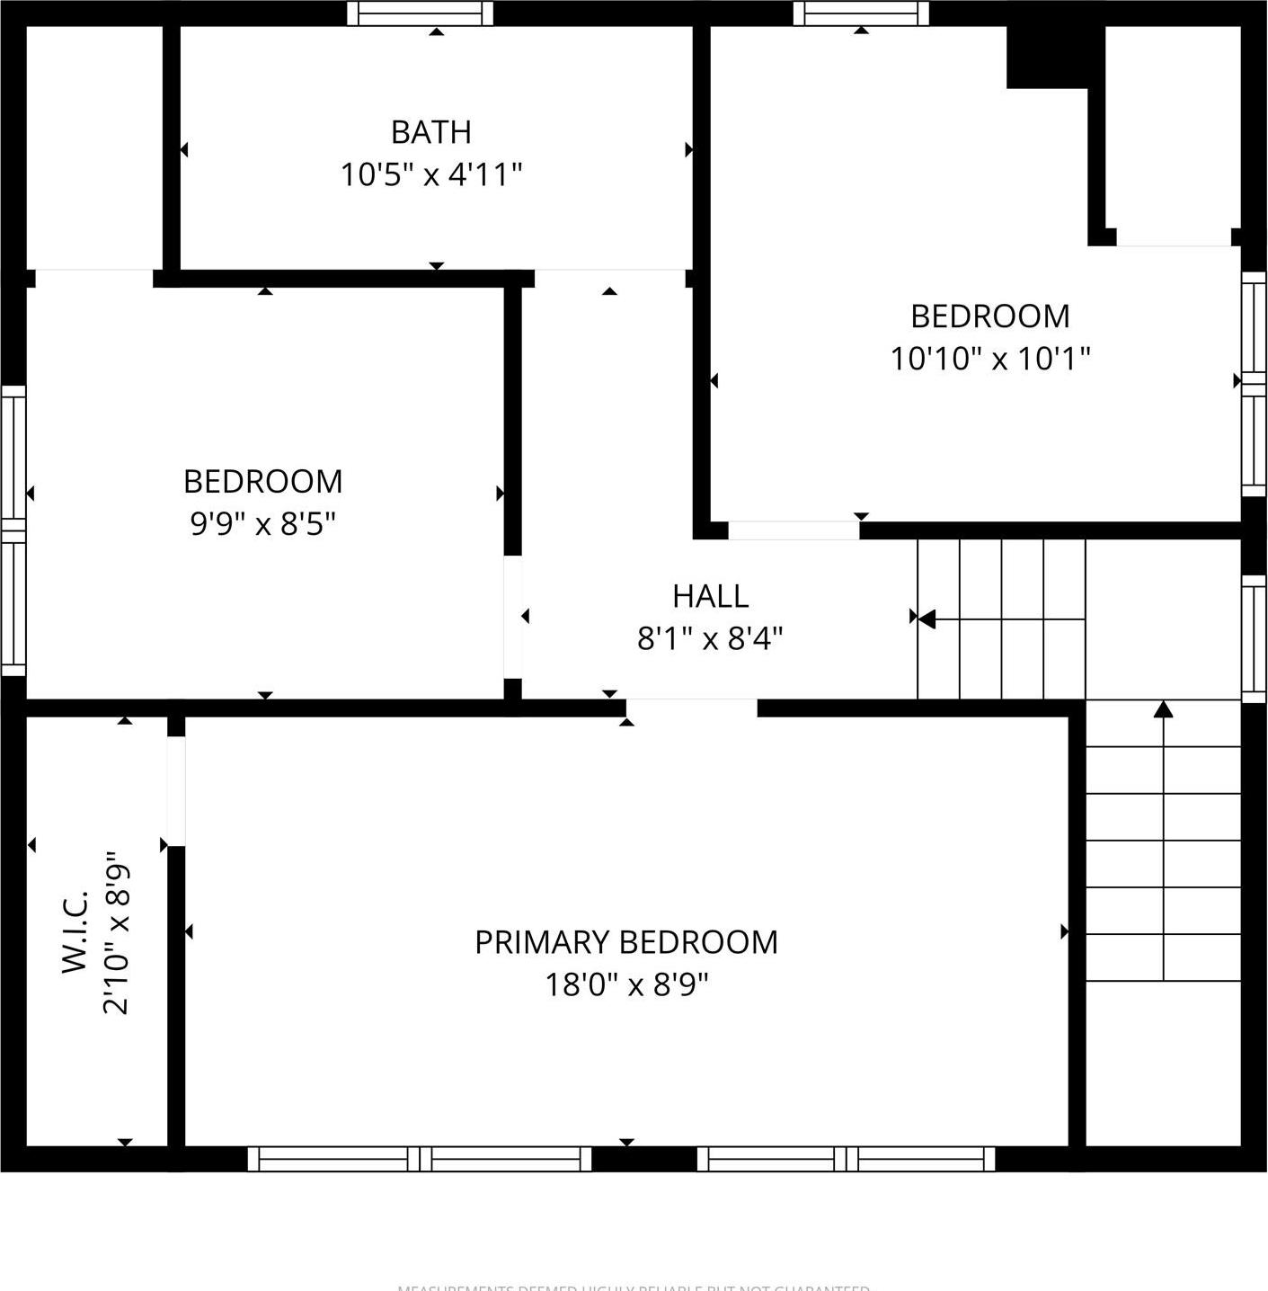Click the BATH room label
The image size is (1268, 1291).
click(430, 132)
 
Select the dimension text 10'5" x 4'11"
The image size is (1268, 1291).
click(430, 174)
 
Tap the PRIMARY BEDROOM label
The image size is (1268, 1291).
click(626, 942)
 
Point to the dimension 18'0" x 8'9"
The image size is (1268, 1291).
click(626, 985)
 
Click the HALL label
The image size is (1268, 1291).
click(710, 596)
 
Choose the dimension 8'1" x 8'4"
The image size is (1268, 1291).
click(710, 639)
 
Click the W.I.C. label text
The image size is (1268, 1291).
click(75, 931)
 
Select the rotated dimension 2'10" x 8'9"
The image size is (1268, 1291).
click(117, 933)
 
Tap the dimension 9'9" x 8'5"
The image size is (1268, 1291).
click(262, 523)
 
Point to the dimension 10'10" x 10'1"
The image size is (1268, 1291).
click(989, 359)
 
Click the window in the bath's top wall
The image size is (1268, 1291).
click(420, 13)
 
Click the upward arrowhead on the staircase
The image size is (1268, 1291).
click(1164, 710)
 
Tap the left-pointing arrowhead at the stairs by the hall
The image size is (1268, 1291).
click(926, 619)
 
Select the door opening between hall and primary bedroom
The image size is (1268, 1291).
click(691, 708)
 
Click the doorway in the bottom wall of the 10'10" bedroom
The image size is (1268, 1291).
click(794, 530)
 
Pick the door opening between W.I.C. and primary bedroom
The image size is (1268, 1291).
click(176, 791)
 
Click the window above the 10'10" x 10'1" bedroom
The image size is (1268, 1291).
click(861, 13)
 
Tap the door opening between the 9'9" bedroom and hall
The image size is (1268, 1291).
click(512, 617)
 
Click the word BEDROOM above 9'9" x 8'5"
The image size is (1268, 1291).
click(262, 482)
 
